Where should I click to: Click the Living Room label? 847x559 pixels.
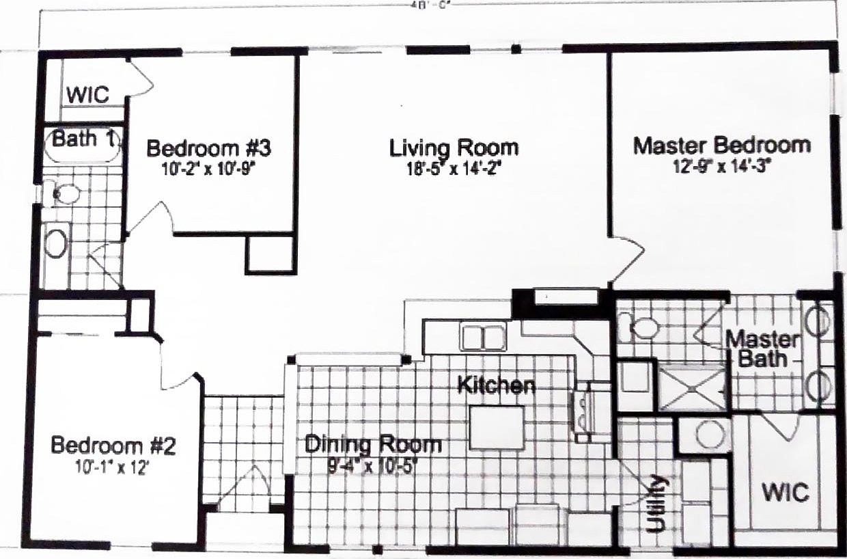point(454,148)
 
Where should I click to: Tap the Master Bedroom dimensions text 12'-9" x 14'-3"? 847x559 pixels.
point(721,165)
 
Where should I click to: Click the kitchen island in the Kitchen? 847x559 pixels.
point(497,428)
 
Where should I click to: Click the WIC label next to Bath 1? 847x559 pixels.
point(87,95)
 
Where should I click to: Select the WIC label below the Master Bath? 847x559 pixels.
point(786,492)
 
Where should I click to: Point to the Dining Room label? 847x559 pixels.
point(373,445)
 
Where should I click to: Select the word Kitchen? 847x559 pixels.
point(496,385)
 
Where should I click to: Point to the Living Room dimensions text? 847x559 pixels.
point(454,167)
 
